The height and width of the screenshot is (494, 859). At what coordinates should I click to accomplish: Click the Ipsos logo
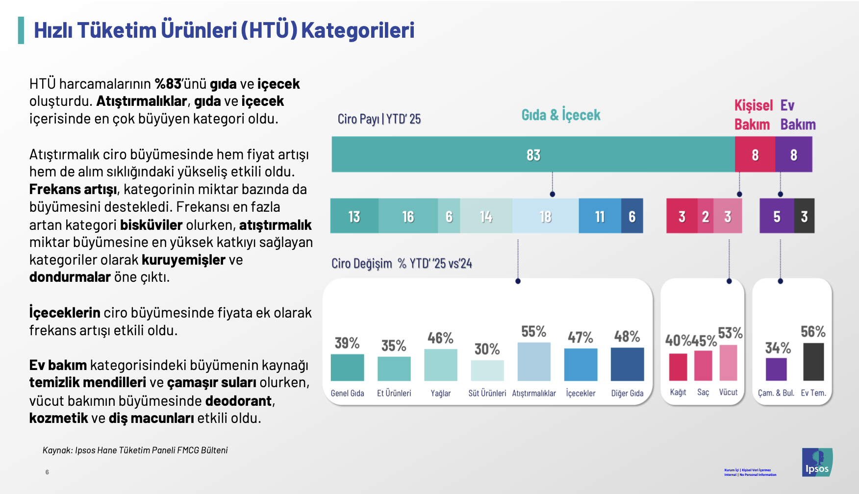point(817,462)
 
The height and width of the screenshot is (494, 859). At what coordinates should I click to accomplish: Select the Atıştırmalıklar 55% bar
point(534,362)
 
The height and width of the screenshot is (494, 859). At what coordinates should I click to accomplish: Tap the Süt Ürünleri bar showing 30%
point(487,370)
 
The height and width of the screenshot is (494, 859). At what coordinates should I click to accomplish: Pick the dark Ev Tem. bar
point(813,362)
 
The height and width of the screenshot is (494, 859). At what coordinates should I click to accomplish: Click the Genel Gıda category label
point(347,393)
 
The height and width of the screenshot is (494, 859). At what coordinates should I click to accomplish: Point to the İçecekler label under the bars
point(581,393)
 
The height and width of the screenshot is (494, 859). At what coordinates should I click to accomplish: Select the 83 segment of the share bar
point(533,155)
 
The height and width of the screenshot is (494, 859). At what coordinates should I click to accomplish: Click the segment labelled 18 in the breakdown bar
point(545,216)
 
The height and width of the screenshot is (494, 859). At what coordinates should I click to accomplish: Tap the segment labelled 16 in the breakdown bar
point(408,216)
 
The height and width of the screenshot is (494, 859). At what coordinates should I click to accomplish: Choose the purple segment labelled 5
point(777,216)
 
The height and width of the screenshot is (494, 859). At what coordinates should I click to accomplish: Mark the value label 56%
point(813,332)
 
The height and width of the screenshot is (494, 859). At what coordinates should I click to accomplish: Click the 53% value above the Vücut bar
point(730,333)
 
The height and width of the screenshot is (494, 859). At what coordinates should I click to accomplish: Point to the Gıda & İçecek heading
point(560,115)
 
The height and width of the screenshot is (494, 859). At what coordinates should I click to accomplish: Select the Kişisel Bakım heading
point(753,115)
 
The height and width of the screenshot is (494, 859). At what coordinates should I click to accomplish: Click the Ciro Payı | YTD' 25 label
point(379,119)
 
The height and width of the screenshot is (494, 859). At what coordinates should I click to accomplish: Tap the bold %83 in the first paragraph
point(168,84)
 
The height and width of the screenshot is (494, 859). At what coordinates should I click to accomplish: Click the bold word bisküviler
point(151,225)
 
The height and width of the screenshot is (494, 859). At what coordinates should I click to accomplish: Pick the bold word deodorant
point(238,401)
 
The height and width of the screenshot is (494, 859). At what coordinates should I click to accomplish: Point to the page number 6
point(47,472)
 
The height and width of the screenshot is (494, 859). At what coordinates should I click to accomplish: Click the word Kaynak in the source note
point(57,450)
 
